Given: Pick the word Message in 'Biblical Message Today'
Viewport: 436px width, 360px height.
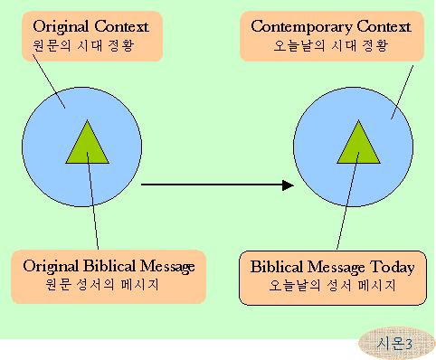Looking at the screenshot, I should pos(337,268).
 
